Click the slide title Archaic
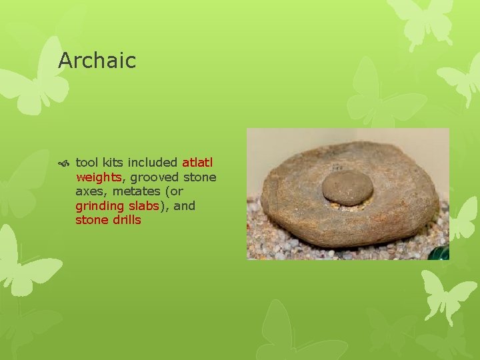click(x=97, y=61)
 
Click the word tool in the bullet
click(x=87, y=163)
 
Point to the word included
click(x=153, y=163)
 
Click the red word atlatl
click(x=197, y=163)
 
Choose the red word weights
click(x=98, y=177)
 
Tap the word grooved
click(x=151, y=177)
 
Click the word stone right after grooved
click(x=199, y=177)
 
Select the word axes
click(x=89, y=191)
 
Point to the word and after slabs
click(x=184, y=206)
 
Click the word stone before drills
click(x=91, y=220)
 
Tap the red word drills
click(x=127, y=220)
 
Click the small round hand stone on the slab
click(x=347, y=187)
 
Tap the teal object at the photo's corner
click(x=441, y=254)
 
